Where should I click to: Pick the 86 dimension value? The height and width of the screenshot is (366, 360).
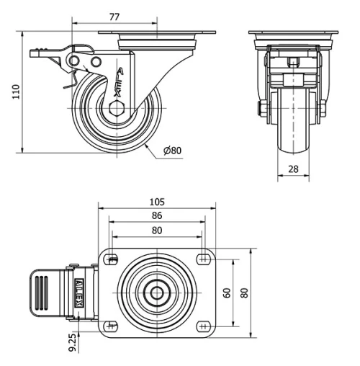point(157,215)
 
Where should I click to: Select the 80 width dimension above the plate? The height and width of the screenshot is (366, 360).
point(157,230)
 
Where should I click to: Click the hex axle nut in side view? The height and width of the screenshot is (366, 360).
point(119,110)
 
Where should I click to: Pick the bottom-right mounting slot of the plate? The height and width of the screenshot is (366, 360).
point(202,326)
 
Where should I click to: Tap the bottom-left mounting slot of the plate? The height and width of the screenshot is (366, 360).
point(113,326)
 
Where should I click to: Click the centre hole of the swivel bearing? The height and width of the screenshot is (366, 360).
point(157,293)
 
